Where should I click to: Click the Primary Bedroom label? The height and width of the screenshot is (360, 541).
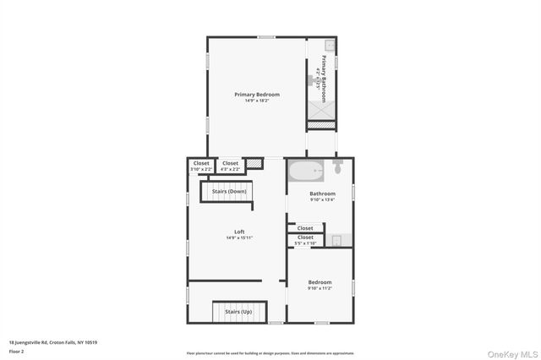pos(257,94)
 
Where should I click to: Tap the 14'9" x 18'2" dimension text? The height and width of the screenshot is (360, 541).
pos(257,101)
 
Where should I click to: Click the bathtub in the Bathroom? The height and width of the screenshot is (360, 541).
pos(306,172)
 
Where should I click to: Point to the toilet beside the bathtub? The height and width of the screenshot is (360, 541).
pos(336,168)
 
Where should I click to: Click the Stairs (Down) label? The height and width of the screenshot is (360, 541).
pos(229,192)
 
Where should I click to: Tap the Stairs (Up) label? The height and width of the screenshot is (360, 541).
pos(238,312)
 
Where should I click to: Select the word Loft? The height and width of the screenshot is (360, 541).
pos(239,232)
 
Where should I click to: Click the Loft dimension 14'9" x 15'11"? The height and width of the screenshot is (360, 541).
pos(239,238)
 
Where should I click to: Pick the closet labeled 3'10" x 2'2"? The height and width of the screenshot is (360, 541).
pos(201,166)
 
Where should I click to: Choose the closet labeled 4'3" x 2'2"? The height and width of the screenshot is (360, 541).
pos(231,166)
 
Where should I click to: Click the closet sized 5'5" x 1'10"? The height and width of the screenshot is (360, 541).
pos(305,241)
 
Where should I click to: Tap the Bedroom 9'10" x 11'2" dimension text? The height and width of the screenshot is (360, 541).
pos(320,288)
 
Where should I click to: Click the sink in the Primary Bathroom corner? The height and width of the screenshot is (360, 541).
pos(330,45)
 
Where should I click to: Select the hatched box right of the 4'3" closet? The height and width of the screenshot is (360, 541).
pos(254,163)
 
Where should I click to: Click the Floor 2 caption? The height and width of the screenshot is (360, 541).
pos(16,351)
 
